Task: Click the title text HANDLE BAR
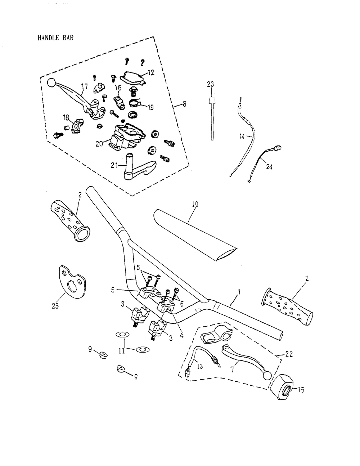(x=55, y=38)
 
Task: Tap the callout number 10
(x=195, y=204)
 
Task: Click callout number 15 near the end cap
(x=301, y=390)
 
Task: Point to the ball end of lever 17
(x=51, y=82)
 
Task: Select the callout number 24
(x=269, y=167)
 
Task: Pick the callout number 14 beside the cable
(x=242, y=136)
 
